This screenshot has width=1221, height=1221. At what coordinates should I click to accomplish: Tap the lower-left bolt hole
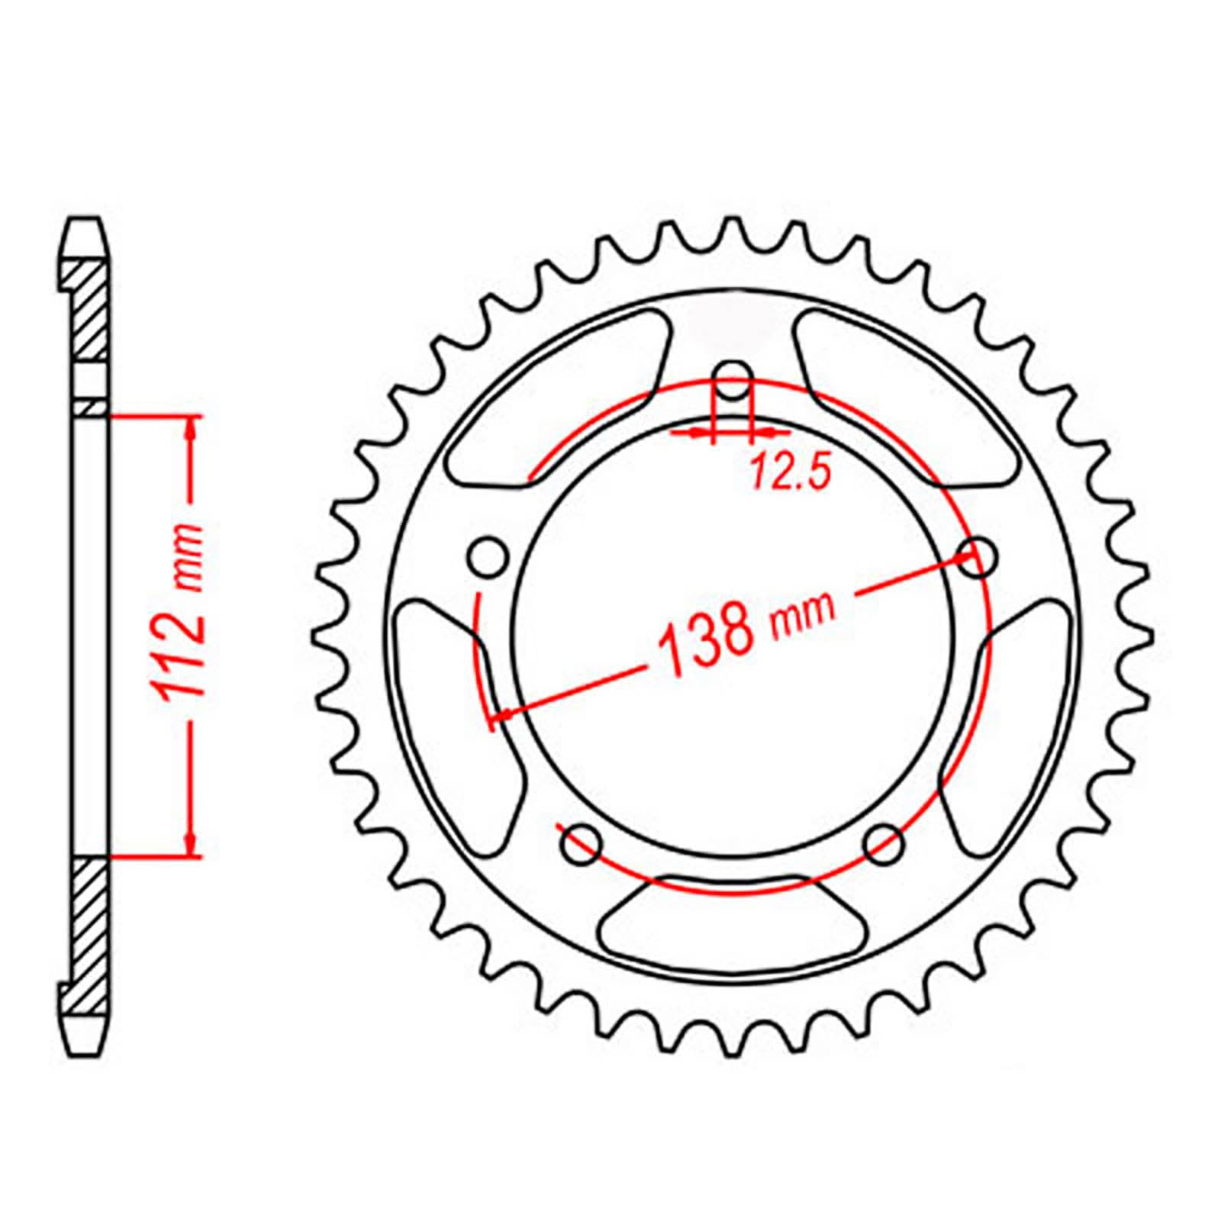(582, 844)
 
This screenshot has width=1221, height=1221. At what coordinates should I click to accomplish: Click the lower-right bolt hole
(885, 844)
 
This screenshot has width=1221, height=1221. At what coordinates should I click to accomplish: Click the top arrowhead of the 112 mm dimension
(191, 427)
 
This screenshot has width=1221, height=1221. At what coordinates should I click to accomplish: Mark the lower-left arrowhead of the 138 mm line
(504, 714)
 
